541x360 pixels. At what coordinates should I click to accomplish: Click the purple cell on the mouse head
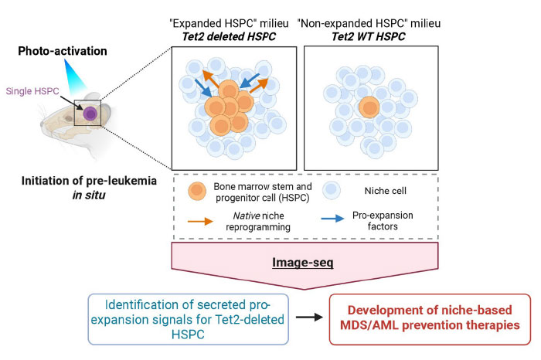point(91,114)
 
